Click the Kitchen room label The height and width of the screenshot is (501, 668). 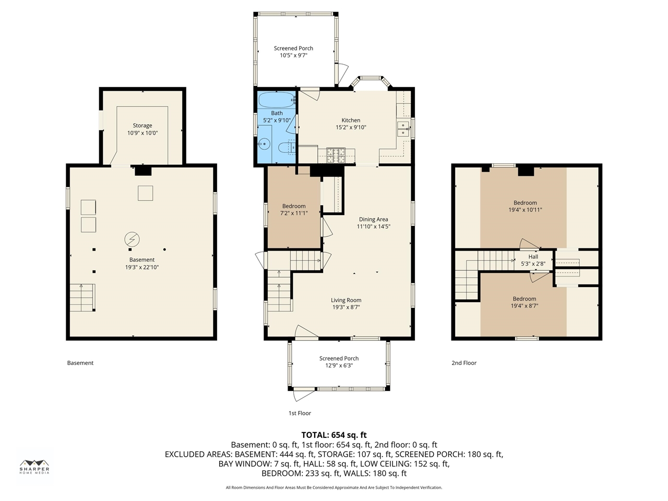click(351, 120)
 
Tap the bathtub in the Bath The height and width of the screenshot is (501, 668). click(276, 100)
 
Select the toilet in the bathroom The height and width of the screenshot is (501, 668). click(287, 147)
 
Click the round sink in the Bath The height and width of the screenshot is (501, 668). click(265, 144)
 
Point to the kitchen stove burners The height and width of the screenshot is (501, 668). click(336, 155)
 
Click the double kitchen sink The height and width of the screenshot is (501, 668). click(403, 129)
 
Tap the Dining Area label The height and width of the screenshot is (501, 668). click(374, 219)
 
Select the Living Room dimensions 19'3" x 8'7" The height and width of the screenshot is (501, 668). click(346, 307)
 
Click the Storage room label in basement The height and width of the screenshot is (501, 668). click(142, 125)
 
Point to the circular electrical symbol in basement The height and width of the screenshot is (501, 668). click(132, 240)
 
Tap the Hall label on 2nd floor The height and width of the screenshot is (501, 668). click(533, 256)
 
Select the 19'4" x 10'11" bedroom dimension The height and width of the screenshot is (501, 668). click(526, 210)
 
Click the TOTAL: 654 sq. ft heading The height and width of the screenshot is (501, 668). click(334, 435)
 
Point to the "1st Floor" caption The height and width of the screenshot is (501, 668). click(300, 413)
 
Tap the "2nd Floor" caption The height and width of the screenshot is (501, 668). click(464, 363)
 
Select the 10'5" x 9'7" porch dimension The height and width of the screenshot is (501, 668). click(294, 55)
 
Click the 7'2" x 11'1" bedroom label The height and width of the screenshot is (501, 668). click(294, 213)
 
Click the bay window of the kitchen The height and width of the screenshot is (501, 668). click(371, 82)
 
